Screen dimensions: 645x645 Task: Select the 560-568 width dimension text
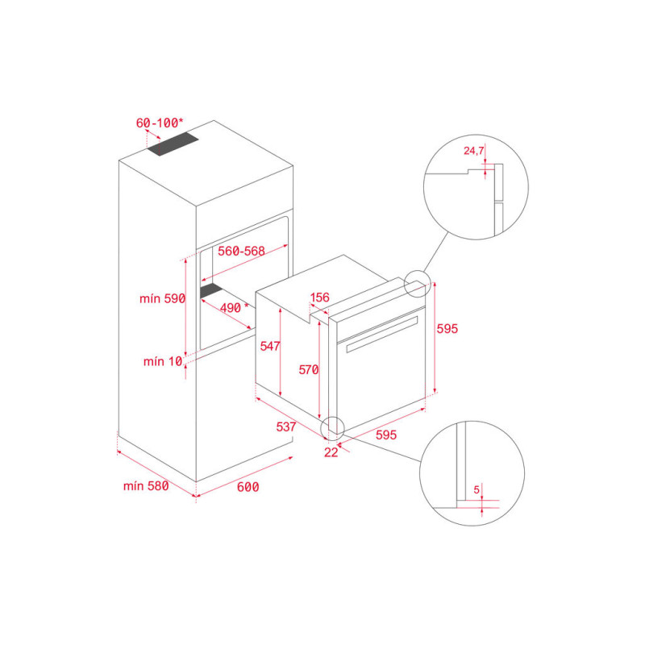[x=241, y=251]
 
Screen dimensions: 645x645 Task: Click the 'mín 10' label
[x=163, y=361]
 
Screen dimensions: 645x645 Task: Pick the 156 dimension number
[x=320, y=298]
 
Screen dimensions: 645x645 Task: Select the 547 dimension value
[x=270, y=346]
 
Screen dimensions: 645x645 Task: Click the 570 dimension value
[x=309, y=370]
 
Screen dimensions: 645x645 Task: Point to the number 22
[x=331, y=452]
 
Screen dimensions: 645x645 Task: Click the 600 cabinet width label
[x=248, y=486]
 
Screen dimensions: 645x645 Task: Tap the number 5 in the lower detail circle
[x=476, y=489]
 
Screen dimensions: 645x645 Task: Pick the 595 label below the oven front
[x=386, y=435]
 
